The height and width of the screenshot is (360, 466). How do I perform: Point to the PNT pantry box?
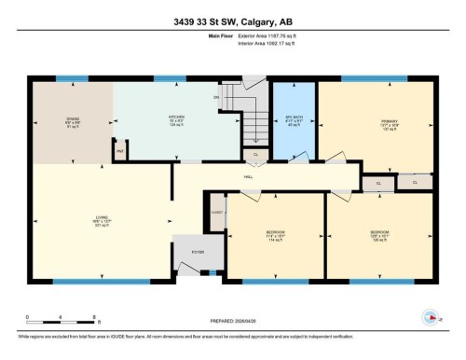[119, 150]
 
